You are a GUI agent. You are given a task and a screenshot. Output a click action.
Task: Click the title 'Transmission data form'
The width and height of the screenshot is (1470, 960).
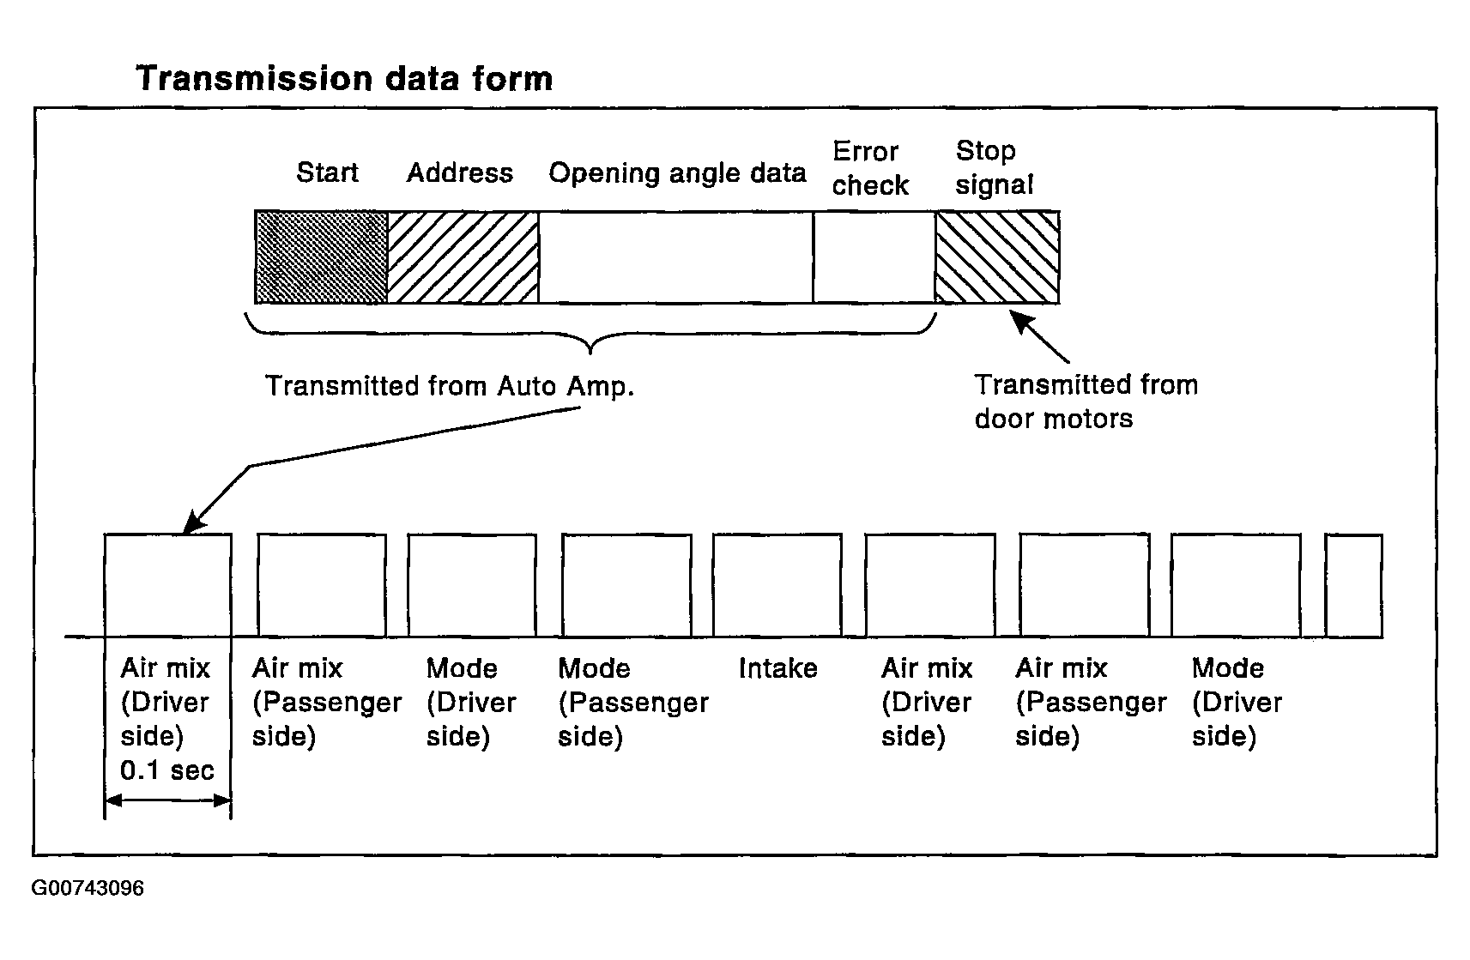pos(344,79)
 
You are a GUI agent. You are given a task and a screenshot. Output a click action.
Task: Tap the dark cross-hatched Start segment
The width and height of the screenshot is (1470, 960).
pos(321,257)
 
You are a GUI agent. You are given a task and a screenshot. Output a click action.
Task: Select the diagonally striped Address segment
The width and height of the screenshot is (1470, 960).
pos(463,257)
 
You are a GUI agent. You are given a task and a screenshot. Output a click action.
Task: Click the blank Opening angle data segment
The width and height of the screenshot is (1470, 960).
pos(676,257)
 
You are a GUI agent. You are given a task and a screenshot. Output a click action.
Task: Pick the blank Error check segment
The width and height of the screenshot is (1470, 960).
pos(874,257)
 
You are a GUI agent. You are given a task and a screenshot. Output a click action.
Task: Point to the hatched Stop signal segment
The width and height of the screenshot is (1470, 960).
pos(997,257)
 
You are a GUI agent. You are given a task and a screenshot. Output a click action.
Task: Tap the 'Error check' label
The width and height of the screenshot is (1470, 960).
pos(870,169)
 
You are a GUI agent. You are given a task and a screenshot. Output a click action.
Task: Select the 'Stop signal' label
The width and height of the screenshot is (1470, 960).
pos(994,168)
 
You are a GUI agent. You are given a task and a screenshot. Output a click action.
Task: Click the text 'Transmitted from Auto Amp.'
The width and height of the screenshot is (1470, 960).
pos(450,386)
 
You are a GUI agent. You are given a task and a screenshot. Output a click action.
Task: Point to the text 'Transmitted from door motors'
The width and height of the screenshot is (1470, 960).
pos(1086,402)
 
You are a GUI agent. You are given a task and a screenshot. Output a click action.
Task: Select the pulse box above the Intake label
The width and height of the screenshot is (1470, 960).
pos(777,585)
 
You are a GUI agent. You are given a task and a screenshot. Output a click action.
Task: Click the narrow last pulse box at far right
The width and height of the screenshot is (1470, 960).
pos(1354,585)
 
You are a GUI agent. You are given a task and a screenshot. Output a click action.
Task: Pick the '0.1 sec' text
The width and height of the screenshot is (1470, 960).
pos(167,770)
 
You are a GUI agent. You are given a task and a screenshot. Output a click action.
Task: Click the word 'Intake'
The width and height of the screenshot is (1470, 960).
pos(778,668)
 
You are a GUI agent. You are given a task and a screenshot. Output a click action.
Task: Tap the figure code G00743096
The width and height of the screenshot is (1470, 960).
pos(88,888)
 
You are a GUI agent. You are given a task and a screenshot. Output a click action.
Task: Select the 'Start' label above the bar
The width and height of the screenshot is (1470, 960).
pos(328,172)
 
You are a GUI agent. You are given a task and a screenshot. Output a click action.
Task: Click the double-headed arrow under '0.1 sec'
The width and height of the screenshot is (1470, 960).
pos(168,800)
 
